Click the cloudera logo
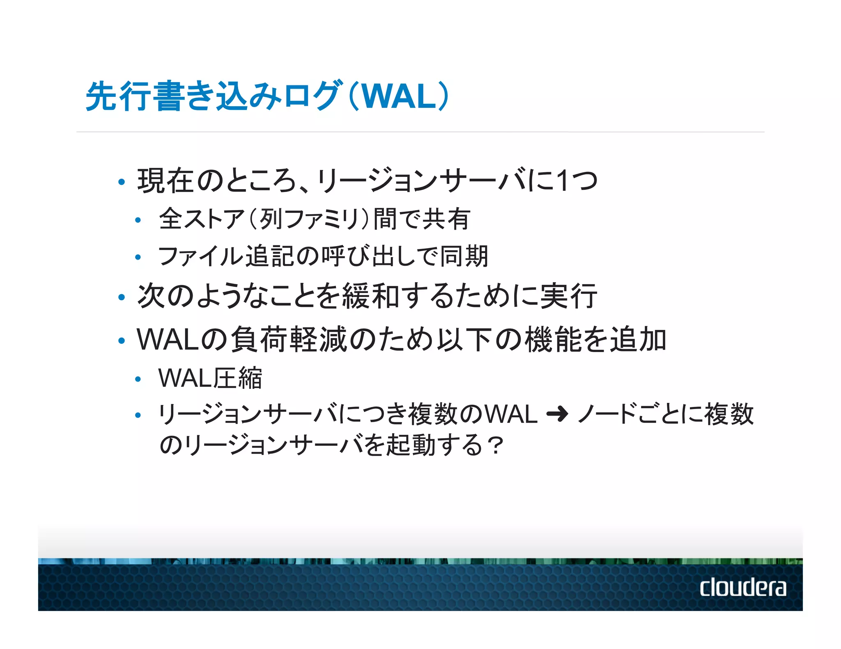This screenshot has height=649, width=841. (x=742, y=587)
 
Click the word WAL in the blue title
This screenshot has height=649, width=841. (x=398, y=97)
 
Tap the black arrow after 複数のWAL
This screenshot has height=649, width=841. (x=557, y=414)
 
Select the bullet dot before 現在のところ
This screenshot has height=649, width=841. (x=121, y=182)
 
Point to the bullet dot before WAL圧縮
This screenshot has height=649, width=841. (x=138, y=379)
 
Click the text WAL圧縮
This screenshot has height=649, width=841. (x=210, y=378)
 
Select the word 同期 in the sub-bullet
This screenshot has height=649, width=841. (x=464, y=256)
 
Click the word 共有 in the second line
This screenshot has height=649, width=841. (x=446, y=219)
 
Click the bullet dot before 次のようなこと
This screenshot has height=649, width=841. (x=121, y=297)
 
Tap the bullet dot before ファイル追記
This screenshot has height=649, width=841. (x=138, y=258)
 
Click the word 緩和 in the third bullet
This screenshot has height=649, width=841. (x=371, y=296)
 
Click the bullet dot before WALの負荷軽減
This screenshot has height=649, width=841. (x=121, y=340)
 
